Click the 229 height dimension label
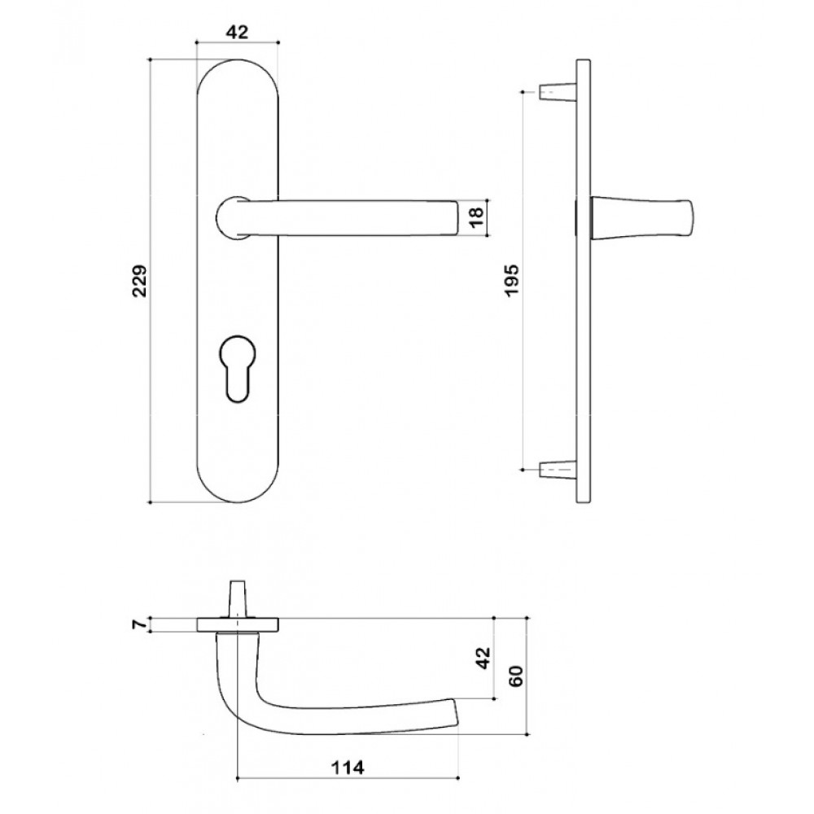click(139, 281)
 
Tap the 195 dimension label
click(512, 281)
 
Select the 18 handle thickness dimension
click(476, 217)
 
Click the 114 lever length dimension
click(348, 767)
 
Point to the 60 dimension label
click(517, 676)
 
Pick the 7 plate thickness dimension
click(138, 625)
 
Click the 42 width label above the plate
click(237, 33)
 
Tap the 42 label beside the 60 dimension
click(483, 658)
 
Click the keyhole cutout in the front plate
click(238, 369)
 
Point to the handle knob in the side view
click(641, 217)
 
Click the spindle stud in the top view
click(237, 598)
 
